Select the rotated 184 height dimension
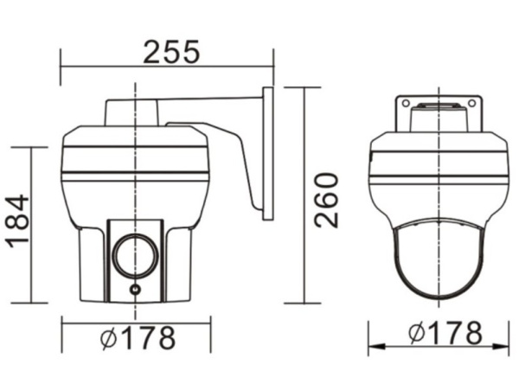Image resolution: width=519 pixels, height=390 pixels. click(x=17, y=221)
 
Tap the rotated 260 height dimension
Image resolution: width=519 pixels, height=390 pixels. click(x=326, y=200)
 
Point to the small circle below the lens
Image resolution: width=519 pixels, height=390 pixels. click(x=134, y=290)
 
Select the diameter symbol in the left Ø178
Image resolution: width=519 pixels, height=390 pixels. click(x=108, y=336)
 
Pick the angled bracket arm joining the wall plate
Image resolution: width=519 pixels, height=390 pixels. click(x=229, y=151)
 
